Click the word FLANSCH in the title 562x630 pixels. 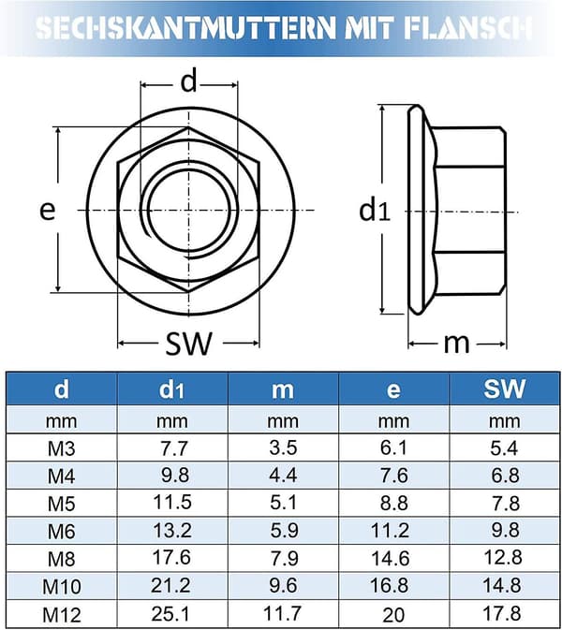[467, 28]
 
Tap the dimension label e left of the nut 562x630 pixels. [47, 210]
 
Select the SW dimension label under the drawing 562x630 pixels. [188, 344]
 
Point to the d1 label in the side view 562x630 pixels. [375, 211]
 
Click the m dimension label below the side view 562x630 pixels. [456, 344]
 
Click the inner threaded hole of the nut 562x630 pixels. [189, 210]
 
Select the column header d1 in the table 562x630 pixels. [171, 389]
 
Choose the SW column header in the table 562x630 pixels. [505, 388]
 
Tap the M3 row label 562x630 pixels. [62, 448]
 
